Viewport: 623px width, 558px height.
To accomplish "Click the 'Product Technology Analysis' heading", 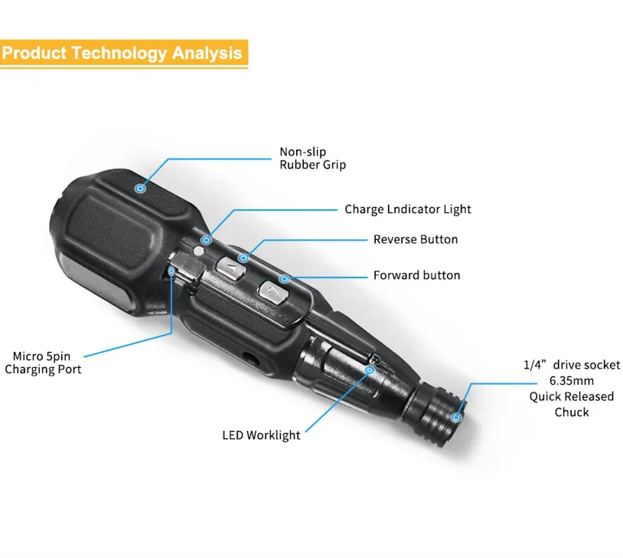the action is coord(122,54).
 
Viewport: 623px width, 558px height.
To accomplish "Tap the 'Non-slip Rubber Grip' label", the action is coord(312,159).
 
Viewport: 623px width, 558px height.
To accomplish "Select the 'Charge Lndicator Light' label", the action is coord(408,209).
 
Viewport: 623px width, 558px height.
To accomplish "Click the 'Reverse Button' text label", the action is coord(416,240).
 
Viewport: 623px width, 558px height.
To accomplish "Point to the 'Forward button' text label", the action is coord(416,275).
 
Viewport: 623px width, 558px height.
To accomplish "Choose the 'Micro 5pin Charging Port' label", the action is coord(43,363).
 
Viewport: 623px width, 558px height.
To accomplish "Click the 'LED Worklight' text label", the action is coord(262,435).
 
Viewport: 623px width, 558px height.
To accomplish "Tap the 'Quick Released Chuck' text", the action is coord(572,404).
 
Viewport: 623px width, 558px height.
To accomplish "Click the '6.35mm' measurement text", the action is coord(572,380).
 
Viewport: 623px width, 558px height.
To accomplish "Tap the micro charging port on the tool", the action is coord(174,271).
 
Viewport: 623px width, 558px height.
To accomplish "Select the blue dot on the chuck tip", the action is coord(456,417).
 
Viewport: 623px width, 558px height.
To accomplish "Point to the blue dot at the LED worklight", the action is coord(369,369).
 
